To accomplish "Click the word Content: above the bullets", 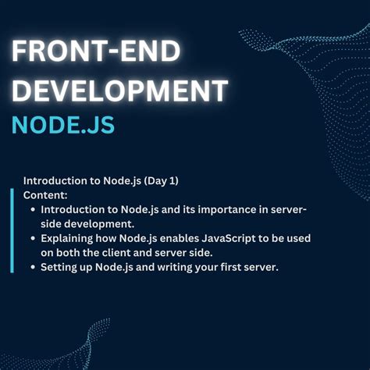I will (x=45, y=194).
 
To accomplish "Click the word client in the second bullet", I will (x=140, y=251).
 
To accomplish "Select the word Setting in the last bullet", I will (x=61, y=266).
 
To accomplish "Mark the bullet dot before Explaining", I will (x=32, y=238).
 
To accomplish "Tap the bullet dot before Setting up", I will (x=32, y=266).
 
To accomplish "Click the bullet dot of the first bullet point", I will (x=32, y=209).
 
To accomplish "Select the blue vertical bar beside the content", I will (x=12, y=230).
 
